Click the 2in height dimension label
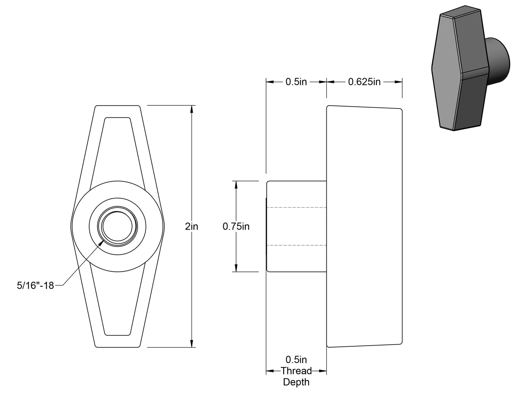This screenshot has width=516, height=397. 192,226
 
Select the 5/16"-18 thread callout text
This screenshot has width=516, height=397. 35,285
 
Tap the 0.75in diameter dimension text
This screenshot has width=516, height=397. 236,226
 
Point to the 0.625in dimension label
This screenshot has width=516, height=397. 364,82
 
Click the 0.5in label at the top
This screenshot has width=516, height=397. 296,82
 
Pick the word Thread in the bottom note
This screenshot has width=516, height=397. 296,371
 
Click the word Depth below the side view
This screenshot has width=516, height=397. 296,382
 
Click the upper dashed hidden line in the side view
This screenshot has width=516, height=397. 296,207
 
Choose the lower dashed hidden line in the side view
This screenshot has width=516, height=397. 296,245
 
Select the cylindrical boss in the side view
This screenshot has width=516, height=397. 296,226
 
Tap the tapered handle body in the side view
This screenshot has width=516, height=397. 364,226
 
